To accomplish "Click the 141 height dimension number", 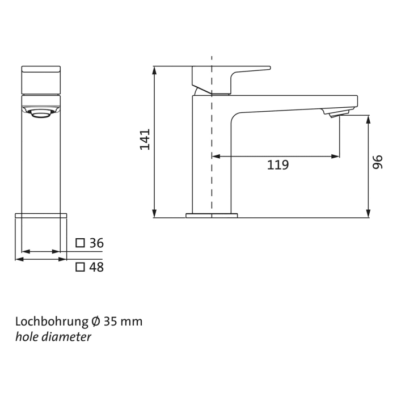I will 145,140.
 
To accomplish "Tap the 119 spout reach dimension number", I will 278,165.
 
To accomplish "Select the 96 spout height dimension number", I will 378,163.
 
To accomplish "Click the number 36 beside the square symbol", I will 96,243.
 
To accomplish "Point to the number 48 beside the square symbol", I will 96,267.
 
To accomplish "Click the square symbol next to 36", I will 81,243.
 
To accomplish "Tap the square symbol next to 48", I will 81,267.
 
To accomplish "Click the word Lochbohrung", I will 51,322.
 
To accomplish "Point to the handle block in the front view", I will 40,80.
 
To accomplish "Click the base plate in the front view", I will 41,216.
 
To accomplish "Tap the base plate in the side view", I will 212,216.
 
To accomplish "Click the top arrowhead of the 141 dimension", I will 155,70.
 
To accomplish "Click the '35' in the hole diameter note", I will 111,322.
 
